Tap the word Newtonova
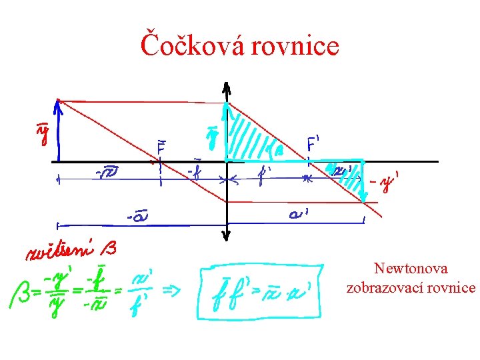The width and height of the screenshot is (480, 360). (x=411, y=269)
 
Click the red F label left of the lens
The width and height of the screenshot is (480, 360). (x=162, y=146)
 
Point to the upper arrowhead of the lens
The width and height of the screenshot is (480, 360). (x=227, y=87)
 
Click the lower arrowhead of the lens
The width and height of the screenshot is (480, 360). (x=227, y=235)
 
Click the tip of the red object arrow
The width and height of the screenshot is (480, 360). (x=59, y=103)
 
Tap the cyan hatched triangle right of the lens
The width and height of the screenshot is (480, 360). (x=250, y=137)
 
